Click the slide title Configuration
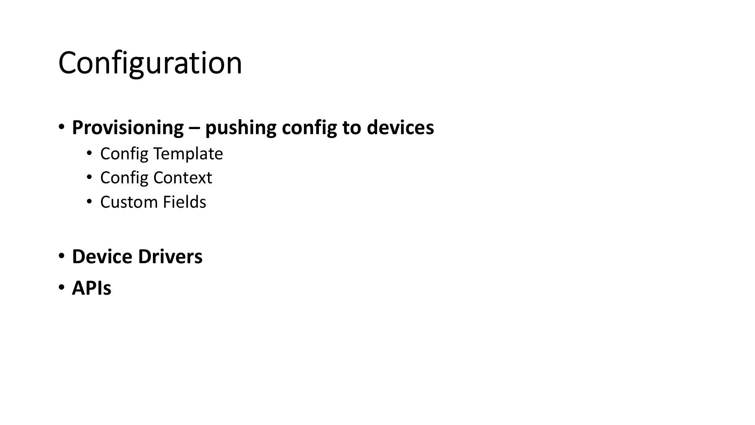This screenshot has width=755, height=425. (150, 63)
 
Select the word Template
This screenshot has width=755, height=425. (188, 154)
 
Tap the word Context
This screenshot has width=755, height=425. (183, 178)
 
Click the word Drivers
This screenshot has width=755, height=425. (170, 257)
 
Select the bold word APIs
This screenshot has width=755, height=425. (92, 288)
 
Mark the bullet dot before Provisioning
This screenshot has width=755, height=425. (61, 127)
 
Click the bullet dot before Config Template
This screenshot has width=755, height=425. (90, 153)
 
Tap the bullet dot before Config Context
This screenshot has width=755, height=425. (90, 177)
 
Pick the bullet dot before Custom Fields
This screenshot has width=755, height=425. (90, 201)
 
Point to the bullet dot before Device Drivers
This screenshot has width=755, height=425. (61, 256)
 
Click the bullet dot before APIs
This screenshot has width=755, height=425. (61, 287)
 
